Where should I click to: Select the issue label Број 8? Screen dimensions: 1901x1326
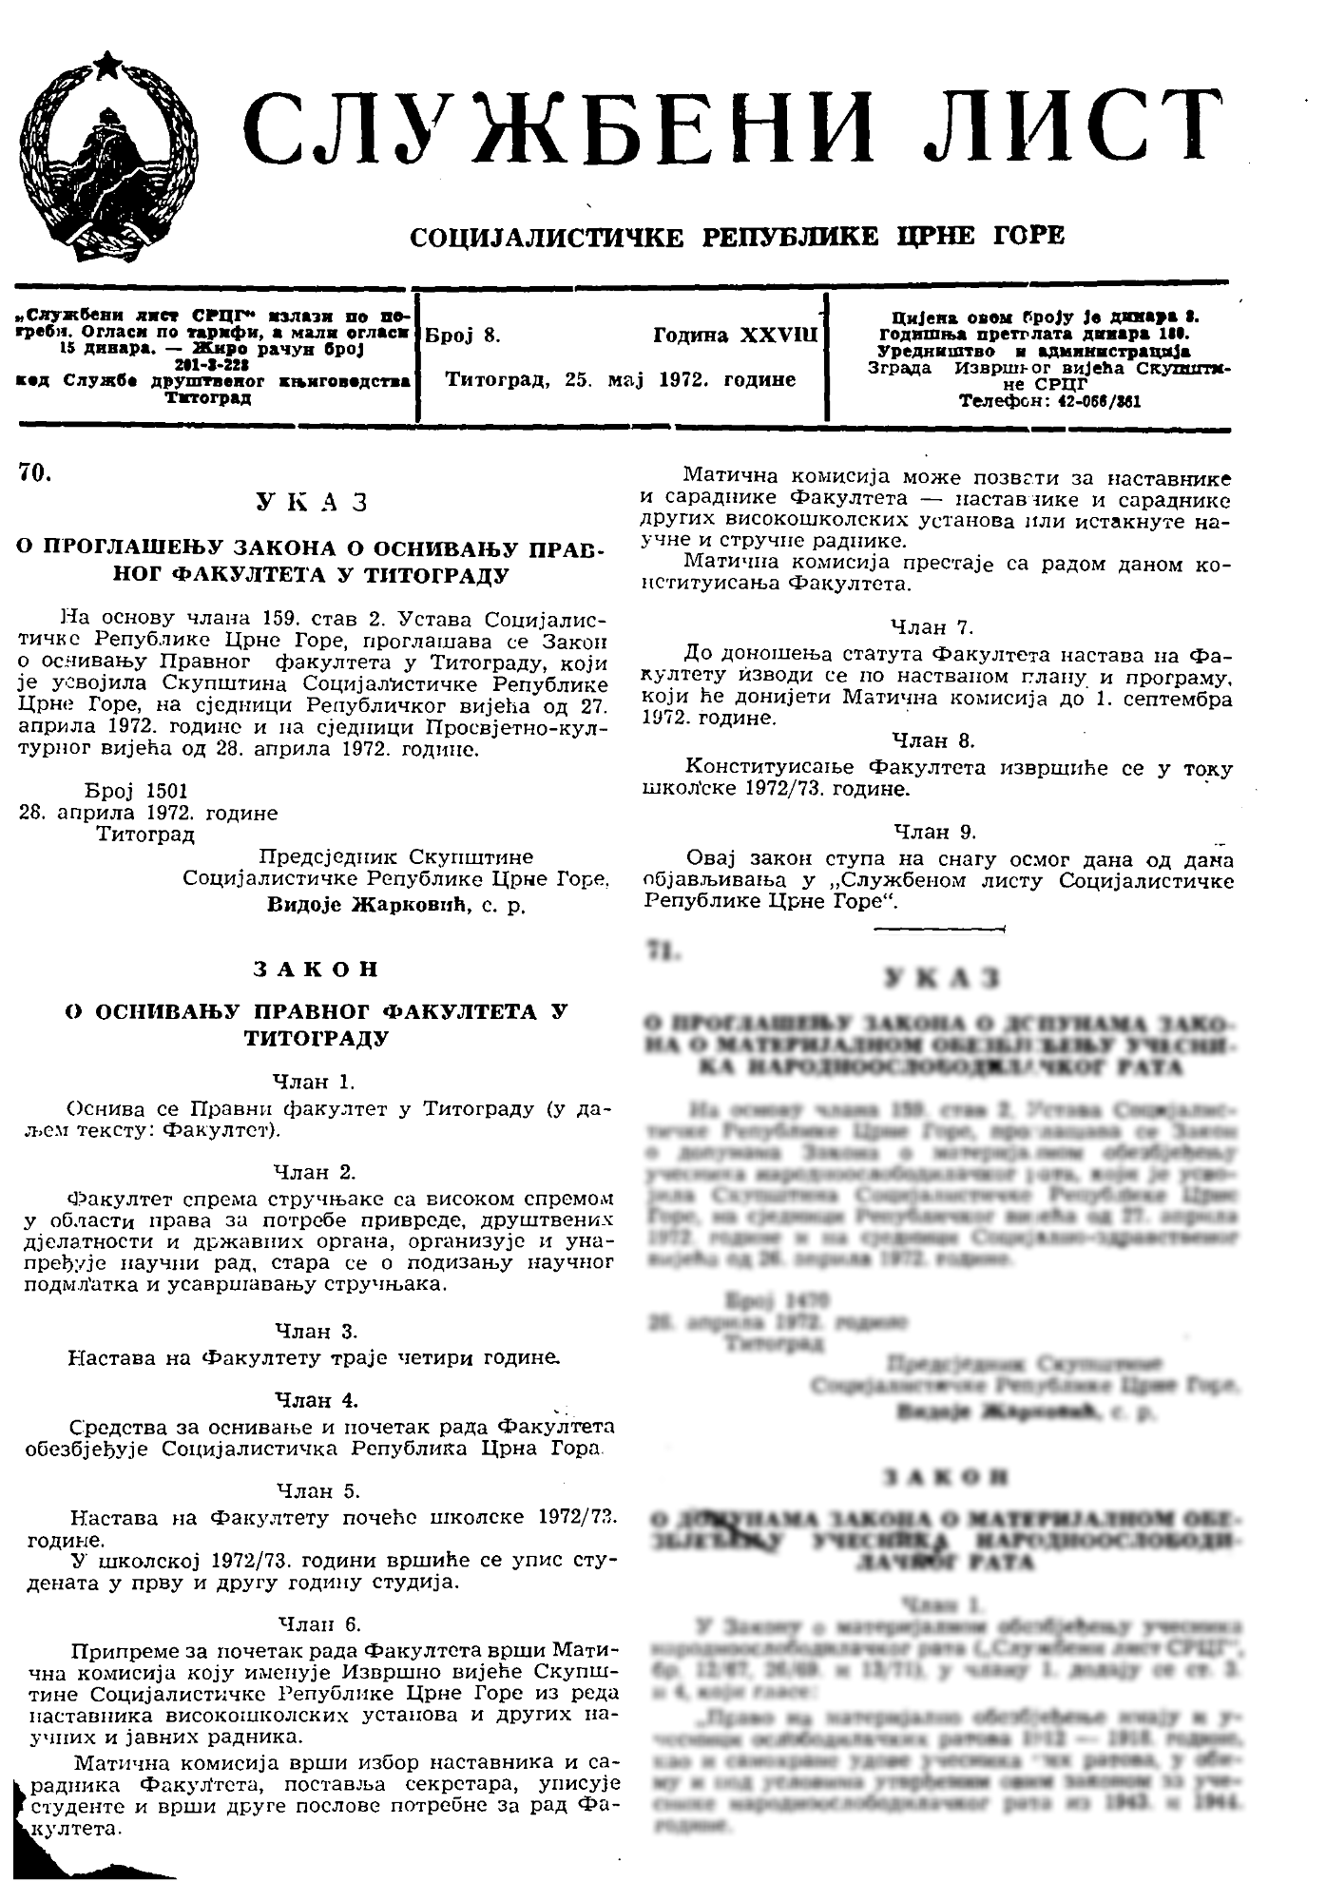pyautogui.click(x=463, y=336)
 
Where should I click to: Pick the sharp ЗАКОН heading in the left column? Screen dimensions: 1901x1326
pyautogui.click(x=316, y=970)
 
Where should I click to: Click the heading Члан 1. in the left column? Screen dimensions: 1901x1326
pyautogui.click(x=315, y=1081)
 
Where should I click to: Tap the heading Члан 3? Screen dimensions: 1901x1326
pyautogui.click(x=316, y=1331)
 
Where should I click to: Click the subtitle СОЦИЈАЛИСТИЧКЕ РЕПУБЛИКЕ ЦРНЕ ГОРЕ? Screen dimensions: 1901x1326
pyautogui.click(x=737, y=236)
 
